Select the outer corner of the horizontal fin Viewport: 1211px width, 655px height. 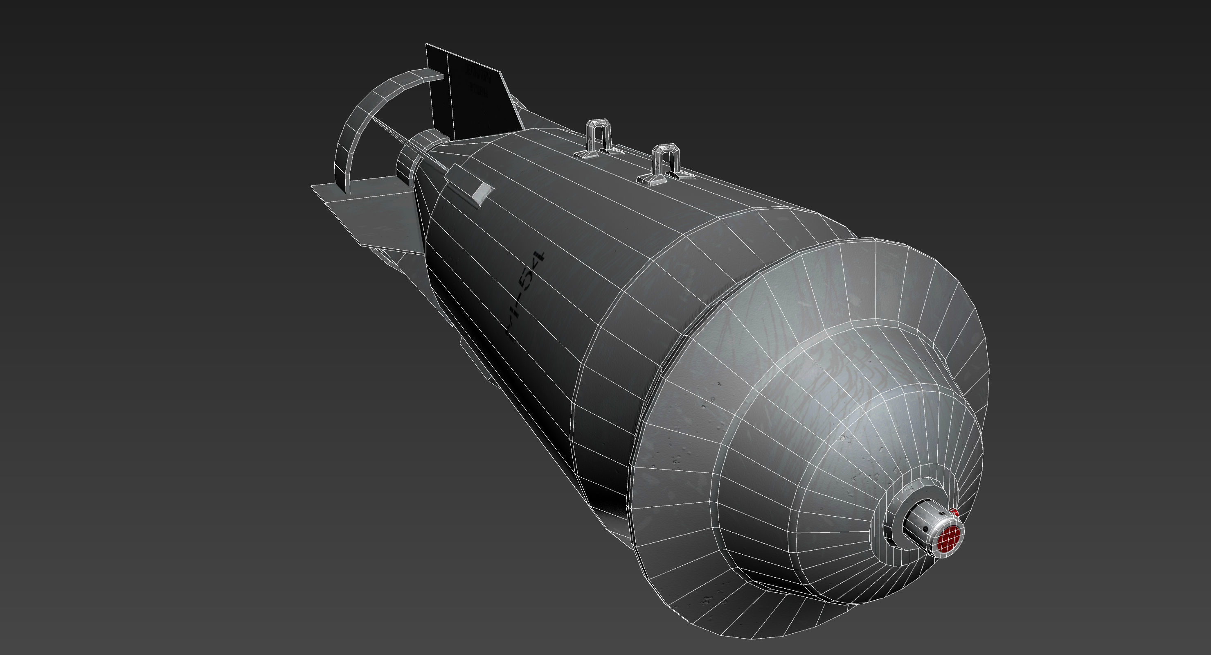312,187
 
